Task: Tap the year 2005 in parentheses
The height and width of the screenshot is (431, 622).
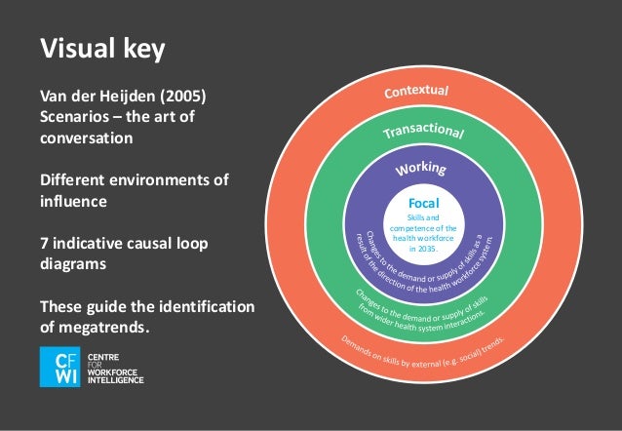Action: [x=180, y=98]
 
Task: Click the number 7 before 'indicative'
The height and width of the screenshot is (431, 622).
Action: [x=43, y=243]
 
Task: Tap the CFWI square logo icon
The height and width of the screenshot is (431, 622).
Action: [x=59, y=367]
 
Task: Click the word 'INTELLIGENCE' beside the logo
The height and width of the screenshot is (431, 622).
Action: [x=116, y=379]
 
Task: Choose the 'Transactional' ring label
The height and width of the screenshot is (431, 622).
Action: [x=422, y=131]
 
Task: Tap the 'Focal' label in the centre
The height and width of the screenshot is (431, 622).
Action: [x=424, y=202]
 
